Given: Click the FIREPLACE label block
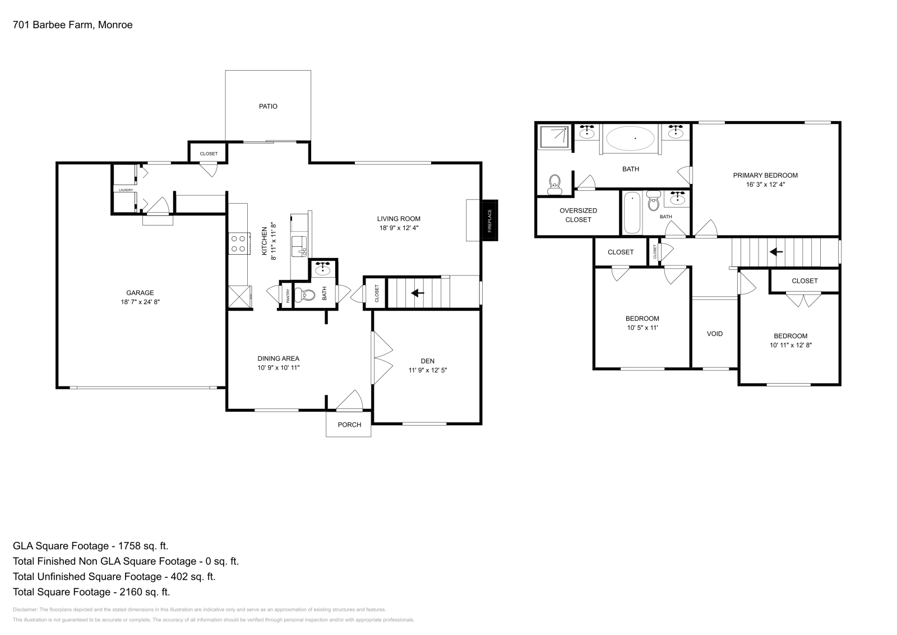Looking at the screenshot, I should [489, 220].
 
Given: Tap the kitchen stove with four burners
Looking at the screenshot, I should [239, 243].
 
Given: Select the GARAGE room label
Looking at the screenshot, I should [140, 293].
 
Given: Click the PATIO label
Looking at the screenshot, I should [268, 107].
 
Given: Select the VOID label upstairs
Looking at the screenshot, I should [715, 334].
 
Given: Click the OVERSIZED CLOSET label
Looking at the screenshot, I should [578, 215].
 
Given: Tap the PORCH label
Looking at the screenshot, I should [349, 425].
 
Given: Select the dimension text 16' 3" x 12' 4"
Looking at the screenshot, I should [765, 185].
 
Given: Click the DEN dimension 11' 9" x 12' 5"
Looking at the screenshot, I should [428, 370].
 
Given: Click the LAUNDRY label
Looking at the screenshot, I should [126, 190].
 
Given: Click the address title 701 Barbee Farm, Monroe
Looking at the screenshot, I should [72, 25].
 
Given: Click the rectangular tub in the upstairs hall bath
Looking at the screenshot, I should [632, 213].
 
